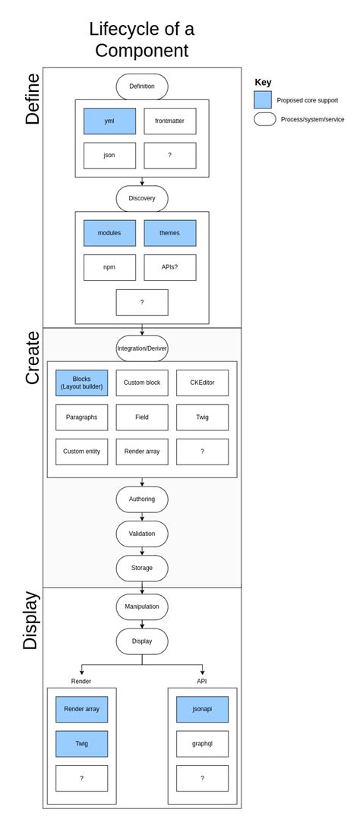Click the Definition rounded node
point(142,86)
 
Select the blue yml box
point(110,121)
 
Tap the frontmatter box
point(170,121)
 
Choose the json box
point(110,155)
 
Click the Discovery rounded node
point(142,198)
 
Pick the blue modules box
point(110,233)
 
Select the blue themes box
point(170,233)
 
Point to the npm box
point(110,267)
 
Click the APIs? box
point(170,267)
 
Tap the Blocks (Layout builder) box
point(82,383)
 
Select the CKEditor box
point(202,383)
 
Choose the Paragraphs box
point(82,417)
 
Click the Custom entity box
point(82,452)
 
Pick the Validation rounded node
point(142,534)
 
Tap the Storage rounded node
point(142,568)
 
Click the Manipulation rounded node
point(142,606)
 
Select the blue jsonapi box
point(202,709)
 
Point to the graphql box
point(202,744)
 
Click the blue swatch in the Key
point(263,99)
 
